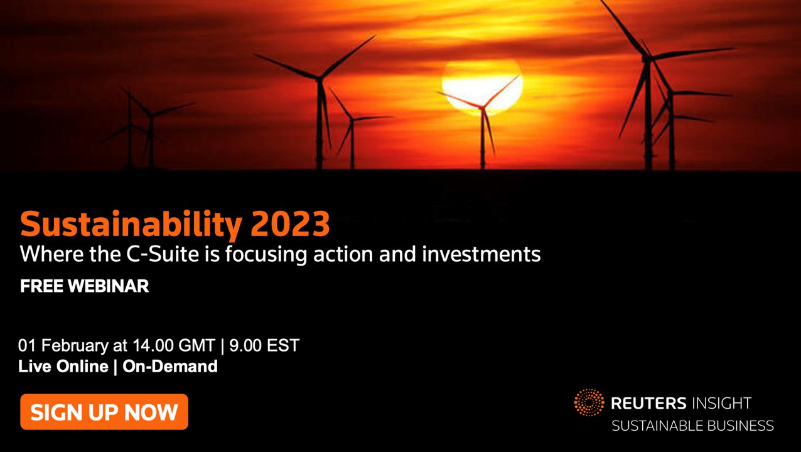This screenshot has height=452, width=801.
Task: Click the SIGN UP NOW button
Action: click(104, 412)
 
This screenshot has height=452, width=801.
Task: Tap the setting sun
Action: click(482, 86)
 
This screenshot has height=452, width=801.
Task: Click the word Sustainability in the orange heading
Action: click(131, 225)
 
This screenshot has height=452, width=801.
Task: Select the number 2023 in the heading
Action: click(290, 224)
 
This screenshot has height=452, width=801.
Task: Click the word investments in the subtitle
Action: click(481, 254)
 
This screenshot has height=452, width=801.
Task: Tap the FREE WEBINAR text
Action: click(84, 286)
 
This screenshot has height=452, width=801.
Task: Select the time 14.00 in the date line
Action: click(153, 345)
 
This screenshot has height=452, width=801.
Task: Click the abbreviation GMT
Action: click(196, 345)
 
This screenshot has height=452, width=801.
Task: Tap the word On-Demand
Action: click(170, 367)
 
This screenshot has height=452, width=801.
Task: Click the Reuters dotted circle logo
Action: click(589, 402)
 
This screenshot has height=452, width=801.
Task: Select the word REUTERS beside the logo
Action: click(648, 404)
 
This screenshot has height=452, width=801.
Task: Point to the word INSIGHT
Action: click(722, 404)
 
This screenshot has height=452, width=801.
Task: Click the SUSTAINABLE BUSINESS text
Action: click(692, 426)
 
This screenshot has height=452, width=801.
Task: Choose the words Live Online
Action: click(63, 367)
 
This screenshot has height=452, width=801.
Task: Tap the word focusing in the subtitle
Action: click(266, 255)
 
